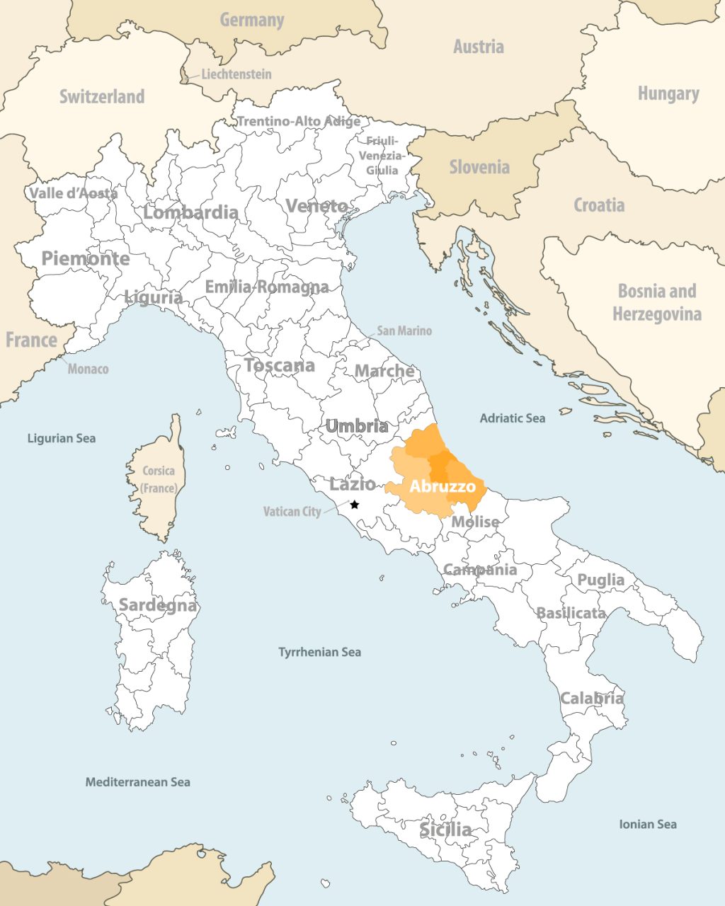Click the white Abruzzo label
443,487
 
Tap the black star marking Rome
355,505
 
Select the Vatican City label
292,511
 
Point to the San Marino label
404,331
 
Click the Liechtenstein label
236,74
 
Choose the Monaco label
88,369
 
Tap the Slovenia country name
479,167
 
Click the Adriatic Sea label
512,418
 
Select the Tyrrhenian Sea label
319,652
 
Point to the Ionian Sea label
647,824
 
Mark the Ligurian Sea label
61,438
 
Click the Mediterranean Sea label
137,782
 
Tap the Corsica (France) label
158,479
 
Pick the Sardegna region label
157,605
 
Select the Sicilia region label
445,829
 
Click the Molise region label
475,522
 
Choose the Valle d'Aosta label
73,193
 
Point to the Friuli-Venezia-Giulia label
382,156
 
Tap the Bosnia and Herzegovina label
657,302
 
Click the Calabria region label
592,699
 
